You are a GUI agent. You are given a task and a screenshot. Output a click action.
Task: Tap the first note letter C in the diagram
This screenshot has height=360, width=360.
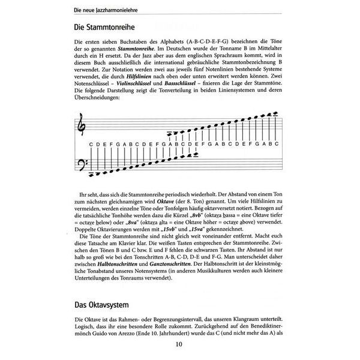pyautogui.click(x=90, y=144)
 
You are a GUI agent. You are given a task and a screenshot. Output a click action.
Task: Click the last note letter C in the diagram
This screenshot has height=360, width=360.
pyautogui.click(x=277, y=144)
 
